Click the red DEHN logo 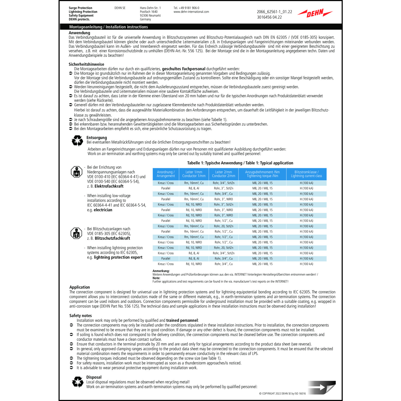315,13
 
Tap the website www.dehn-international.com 191,12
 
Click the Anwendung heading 79,33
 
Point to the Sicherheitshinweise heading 86,64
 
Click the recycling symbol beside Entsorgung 78,140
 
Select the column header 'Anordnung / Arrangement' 166,174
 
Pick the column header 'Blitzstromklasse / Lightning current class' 306,174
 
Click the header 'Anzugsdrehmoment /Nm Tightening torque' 262,174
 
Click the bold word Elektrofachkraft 109,186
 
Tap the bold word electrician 103,210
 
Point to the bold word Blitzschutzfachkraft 112,238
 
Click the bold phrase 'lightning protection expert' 118,257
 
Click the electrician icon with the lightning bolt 76,172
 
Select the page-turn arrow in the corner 322,387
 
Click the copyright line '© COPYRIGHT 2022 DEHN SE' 282,394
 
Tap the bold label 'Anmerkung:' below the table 161,271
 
